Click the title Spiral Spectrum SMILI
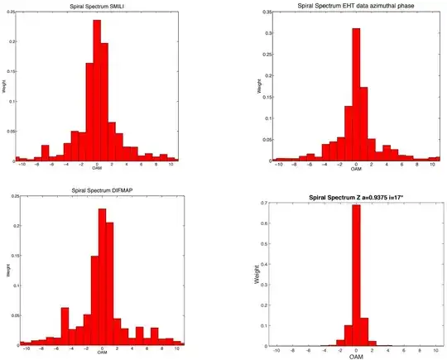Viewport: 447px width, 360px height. pos(96,7)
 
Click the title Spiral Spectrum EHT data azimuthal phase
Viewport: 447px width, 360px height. pos(356,7)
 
